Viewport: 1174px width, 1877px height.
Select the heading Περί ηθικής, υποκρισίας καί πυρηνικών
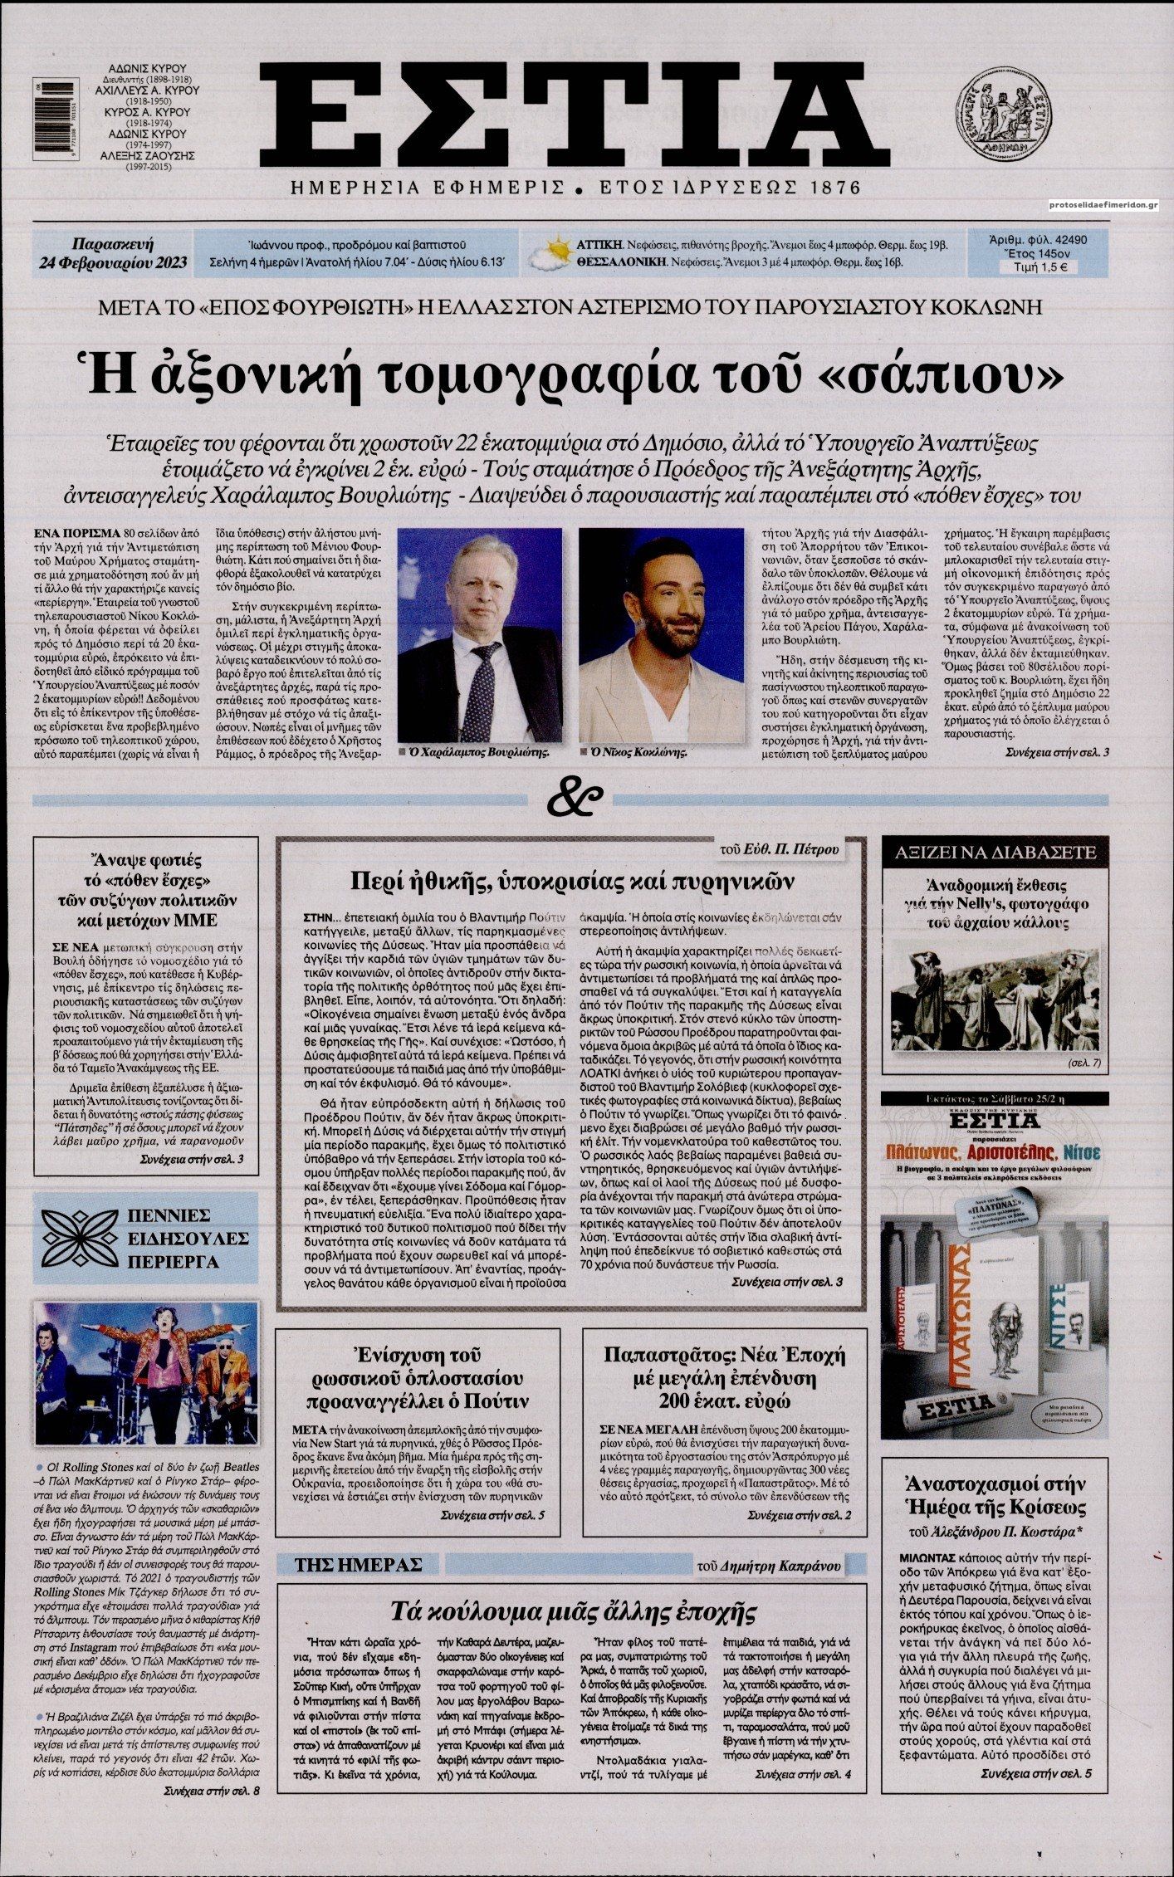(572, 880)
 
